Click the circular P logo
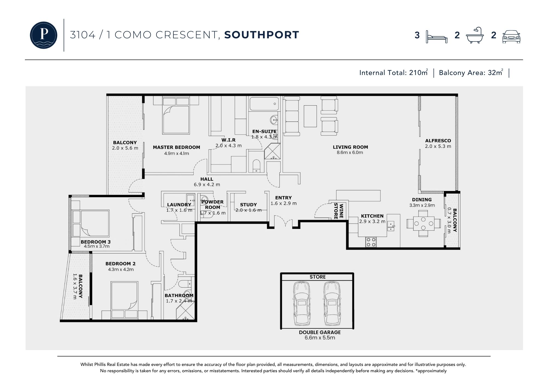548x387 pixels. click(x=44, y=35)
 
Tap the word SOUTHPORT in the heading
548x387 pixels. click(x=262, y=35)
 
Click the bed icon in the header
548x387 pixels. click(x=437, y=37)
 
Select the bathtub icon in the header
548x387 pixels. click(x=475, y=35)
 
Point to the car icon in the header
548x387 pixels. click(x=511, y=36)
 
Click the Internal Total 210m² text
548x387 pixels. click(x=393, y=73)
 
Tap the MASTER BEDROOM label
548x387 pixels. click(x=176, y=147)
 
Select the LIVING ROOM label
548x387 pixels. click(x=350, y=147)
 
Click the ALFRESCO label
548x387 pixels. click(x=438, y=141)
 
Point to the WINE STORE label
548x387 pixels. click(x=338, y=211)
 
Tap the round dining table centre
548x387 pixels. click(x=423, y=223)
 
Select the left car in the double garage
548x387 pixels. click(x=302, y=303)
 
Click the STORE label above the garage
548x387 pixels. click(x=318, y=277)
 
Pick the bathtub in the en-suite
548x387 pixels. click(x=264, y=104)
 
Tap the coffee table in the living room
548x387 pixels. click(x=310, y=116)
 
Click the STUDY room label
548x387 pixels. click(x=248, y=205)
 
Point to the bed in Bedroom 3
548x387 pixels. click(x=90, y=223)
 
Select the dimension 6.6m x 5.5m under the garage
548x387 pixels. click(x=320, y=338)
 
